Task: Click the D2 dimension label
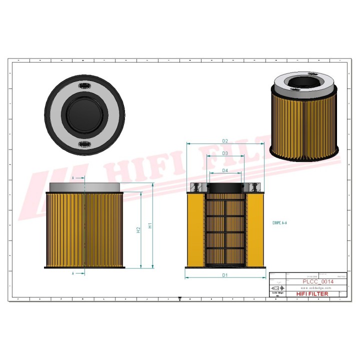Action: click(225, 141)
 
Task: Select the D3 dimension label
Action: click(225, 153)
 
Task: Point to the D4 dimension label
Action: click(225, 170)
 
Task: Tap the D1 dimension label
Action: click(225, 275)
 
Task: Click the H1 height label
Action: click(150, 225)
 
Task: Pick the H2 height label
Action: click(138, 230)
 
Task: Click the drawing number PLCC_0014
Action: click(318, 282)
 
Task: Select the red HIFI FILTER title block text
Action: click(312, 294)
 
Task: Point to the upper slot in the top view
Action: click(84, 87)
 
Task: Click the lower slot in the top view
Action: click(84, 144)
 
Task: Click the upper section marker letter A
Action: click(73, 178)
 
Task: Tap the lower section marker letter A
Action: click(73, 273)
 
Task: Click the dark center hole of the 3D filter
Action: click(304, 82)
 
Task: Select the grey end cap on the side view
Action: click(84, 186)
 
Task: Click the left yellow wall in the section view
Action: click(195, 230)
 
